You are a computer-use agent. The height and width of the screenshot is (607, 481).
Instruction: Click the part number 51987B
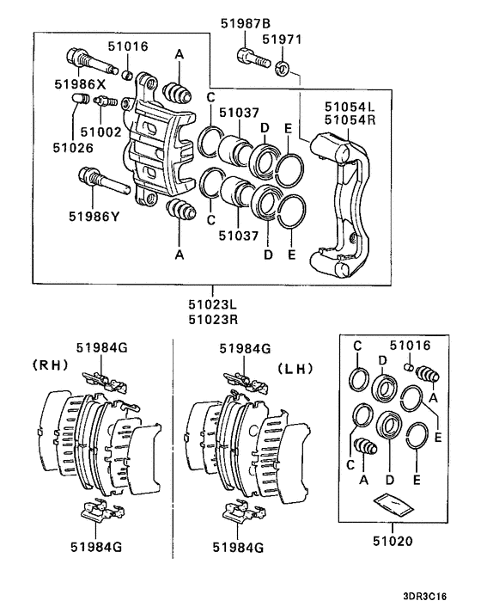tap(246, 23)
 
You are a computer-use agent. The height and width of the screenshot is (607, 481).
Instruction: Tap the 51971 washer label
tap(282, 40)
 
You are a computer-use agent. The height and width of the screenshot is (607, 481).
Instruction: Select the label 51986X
tap(80, 84)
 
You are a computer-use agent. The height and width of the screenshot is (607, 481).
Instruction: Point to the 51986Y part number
tap(94, 217)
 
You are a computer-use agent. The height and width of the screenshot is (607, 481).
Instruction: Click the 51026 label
tap(73, 148)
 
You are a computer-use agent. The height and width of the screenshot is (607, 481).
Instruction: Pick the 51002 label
tap(100, 132)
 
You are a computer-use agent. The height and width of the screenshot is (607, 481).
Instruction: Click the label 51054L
tap(350, 107)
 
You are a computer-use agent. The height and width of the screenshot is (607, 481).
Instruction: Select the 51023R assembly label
tap(213, 320)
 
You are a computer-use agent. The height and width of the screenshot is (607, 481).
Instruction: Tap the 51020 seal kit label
tap(393, 541)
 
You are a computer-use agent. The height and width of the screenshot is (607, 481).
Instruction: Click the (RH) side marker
tap(51, 365)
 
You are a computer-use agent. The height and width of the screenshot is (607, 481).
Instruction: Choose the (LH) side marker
tap(295, 369)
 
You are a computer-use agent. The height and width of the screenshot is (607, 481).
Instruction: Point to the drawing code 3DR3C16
tap(424, 597)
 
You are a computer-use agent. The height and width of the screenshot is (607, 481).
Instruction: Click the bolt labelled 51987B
tap(253, 58)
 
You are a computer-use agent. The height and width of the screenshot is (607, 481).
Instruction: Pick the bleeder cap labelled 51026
tap(81, 99)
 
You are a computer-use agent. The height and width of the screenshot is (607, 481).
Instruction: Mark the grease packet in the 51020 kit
tap(394, 506)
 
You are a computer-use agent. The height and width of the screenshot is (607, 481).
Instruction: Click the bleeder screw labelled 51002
tap(106, 101)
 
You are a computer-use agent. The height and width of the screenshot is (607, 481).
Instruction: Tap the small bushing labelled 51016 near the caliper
tap(128, 74)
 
